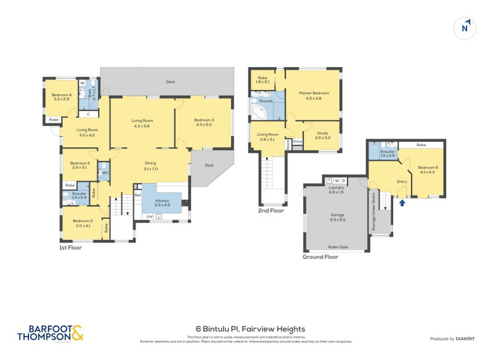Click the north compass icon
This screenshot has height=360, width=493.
click(465, 27)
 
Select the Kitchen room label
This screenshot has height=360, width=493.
click(162, 203)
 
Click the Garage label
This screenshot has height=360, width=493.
click(338, 217)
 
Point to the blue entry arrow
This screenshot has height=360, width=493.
click(402, 202)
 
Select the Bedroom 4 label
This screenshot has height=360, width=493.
click(62, 97)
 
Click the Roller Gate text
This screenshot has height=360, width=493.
click(338, 247)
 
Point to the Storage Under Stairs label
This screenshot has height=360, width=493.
click(373, 212)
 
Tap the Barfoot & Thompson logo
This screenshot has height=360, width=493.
click(50, 333)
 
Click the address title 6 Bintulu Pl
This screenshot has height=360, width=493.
click(246, 329)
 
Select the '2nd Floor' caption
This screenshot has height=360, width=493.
click(271, 211)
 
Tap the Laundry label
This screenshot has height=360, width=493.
click(336, 189)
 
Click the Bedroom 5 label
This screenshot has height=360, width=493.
click(79, 165)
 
